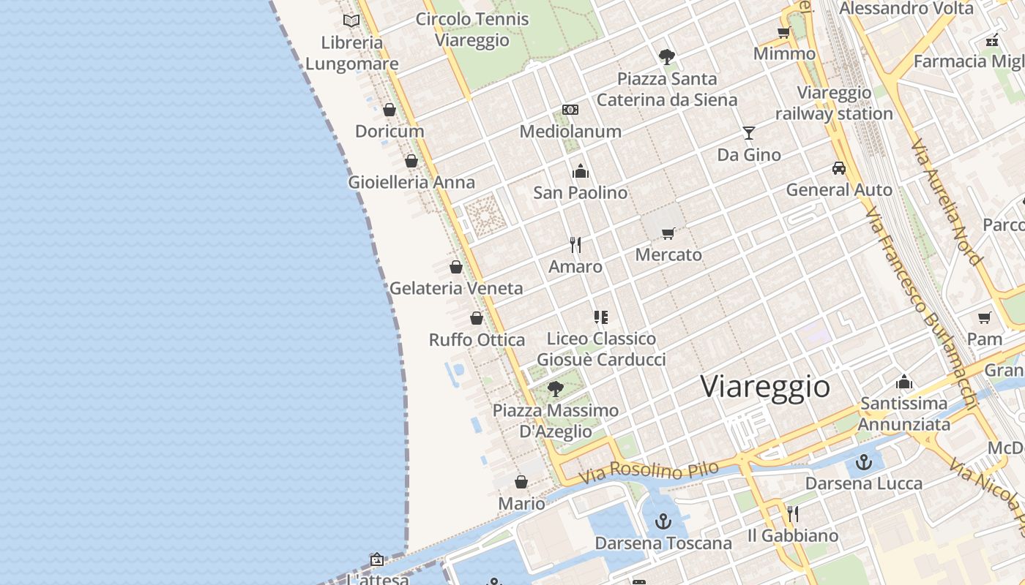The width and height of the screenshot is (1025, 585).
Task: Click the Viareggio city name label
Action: pos(765,386)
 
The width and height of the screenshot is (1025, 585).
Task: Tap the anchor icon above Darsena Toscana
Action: pos(663,521)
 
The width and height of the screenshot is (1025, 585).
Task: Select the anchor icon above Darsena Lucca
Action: pos(865,462)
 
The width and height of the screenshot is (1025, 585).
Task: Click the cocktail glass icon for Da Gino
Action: pos(748,132)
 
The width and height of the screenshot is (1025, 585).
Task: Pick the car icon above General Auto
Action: pos(839,168)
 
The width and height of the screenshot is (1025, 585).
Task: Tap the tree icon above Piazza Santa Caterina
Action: pos(666,56)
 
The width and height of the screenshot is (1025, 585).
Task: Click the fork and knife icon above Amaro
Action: pos(575,245)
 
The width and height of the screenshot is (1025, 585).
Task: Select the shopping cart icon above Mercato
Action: pos(668,233)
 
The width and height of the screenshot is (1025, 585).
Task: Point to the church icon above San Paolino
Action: pos(581,171)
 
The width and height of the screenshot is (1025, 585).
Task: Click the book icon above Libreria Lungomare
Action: pos(351,20)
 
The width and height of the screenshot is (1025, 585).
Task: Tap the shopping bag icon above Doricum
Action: pos(389,110)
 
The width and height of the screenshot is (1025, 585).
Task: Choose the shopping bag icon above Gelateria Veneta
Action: pos(456,267)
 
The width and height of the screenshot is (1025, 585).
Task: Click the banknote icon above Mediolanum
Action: pos(570,110)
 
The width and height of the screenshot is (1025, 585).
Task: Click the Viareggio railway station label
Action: pos(834,103)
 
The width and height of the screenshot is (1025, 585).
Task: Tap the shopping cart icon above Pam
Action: pos(985,317)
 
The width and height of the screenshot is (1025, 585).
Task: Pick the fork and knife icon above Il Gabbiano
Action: pos(792,514)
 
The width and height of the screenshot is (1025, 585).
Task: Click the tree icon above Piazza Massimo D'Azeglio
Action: pos(556,388)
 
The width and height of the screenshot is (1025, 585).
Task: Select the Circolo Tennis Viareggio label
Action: pos(472,29)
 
